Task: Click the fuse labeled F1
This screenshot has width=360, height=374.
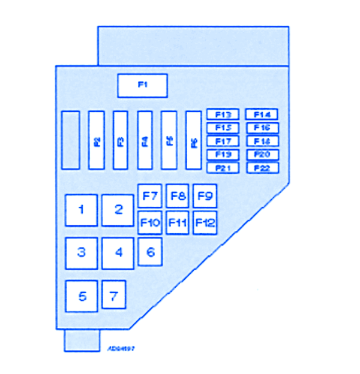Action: coord(142,85)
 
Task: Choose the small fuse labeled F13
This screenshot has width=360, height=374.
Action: coord(223,114)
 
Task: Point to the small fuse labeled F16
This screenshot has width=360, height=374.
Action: coord(262,127)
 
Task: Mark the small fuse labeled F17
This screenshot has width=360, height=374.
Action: coord(223,141)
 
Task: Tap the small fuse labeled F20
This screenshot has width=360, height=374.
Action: coord(262,154)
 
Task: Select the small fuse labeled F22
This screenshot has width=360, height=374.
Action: coord(262,168)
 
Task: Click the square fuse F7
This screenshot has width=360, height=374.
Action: coord(150,195)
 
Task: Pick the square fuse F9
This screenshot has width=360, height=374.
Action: coord(205,195)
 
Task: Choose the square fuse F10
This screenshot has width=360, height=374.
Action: coord(150,223)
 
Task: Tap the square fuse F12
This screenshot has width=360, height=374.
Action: coord(205,223)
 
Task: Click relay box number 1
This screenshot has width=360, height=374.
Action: coord(81,210)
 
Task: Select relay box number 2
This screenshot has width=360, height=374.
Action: coord(119,210)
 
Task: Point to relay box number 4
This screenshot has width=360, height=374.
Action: coord(118,253)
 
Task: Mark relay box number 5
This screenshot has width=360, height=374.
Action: coord(81,296)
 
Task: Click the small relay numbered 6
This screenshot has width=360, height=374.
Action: coord(151,252)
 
